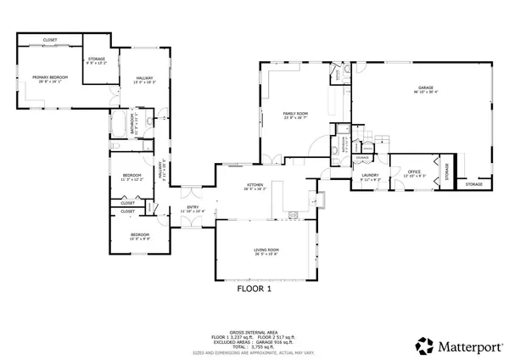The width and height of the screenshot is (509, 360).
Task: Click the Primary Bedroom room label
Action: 50,77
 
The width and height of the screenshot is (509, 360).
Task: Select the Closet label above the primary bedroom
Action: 51,40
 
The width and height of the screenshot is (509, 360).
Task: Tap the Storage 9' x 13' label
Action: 97,60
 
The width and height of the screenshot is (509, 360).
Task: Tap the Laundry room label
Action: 370,177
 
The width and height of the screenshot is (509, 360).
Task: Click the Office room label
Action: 416,172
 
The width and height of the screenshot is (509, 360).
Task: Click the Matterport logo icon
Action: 422,346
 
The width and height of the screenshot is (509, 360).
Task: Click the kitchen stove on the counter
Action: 293,213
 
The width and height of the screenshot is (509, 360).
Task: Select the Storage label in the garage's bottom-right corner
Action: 473,184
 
